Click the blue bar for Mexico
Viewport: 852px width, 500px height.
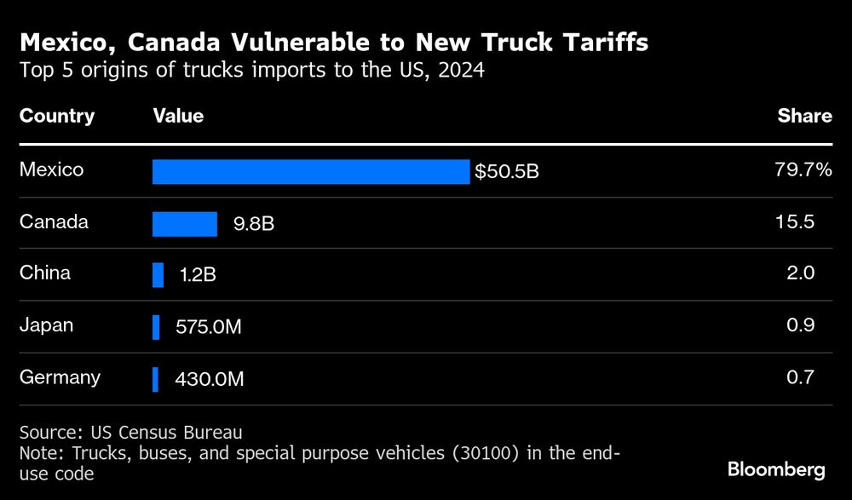click(311, 171)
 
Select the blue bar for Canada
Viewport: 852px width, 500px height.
click(185, 224)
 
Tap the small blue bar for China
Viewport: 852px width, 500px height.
click(158, 275)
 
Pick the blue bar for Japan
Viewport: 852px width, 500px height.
click(156, 327)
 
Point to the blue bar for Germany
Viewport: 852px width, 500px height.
click(155, 379)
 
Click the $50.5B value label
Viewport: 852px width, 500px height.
click(507, 172)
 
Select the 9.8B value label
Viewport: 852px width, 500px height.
click(253, 225)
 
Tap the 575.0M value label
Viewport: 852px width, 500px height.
click(209, 327)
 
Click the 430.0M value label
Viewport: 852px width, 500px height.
click(209, 379)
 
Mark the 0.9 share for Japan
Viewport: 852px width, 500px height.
click(801, 325)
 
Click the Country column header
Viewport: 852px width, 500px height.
click(57, 116)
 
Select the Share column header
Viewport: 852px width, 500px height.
click(804, 116)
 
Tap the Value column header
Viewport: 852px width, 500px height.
click(178, 116)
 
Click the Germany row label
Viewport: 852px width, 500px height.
click(60, 377)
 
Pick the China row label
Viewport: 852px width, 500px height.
click(45, 273)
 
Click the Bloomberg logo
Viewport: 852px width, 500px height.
click(776, 469)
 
